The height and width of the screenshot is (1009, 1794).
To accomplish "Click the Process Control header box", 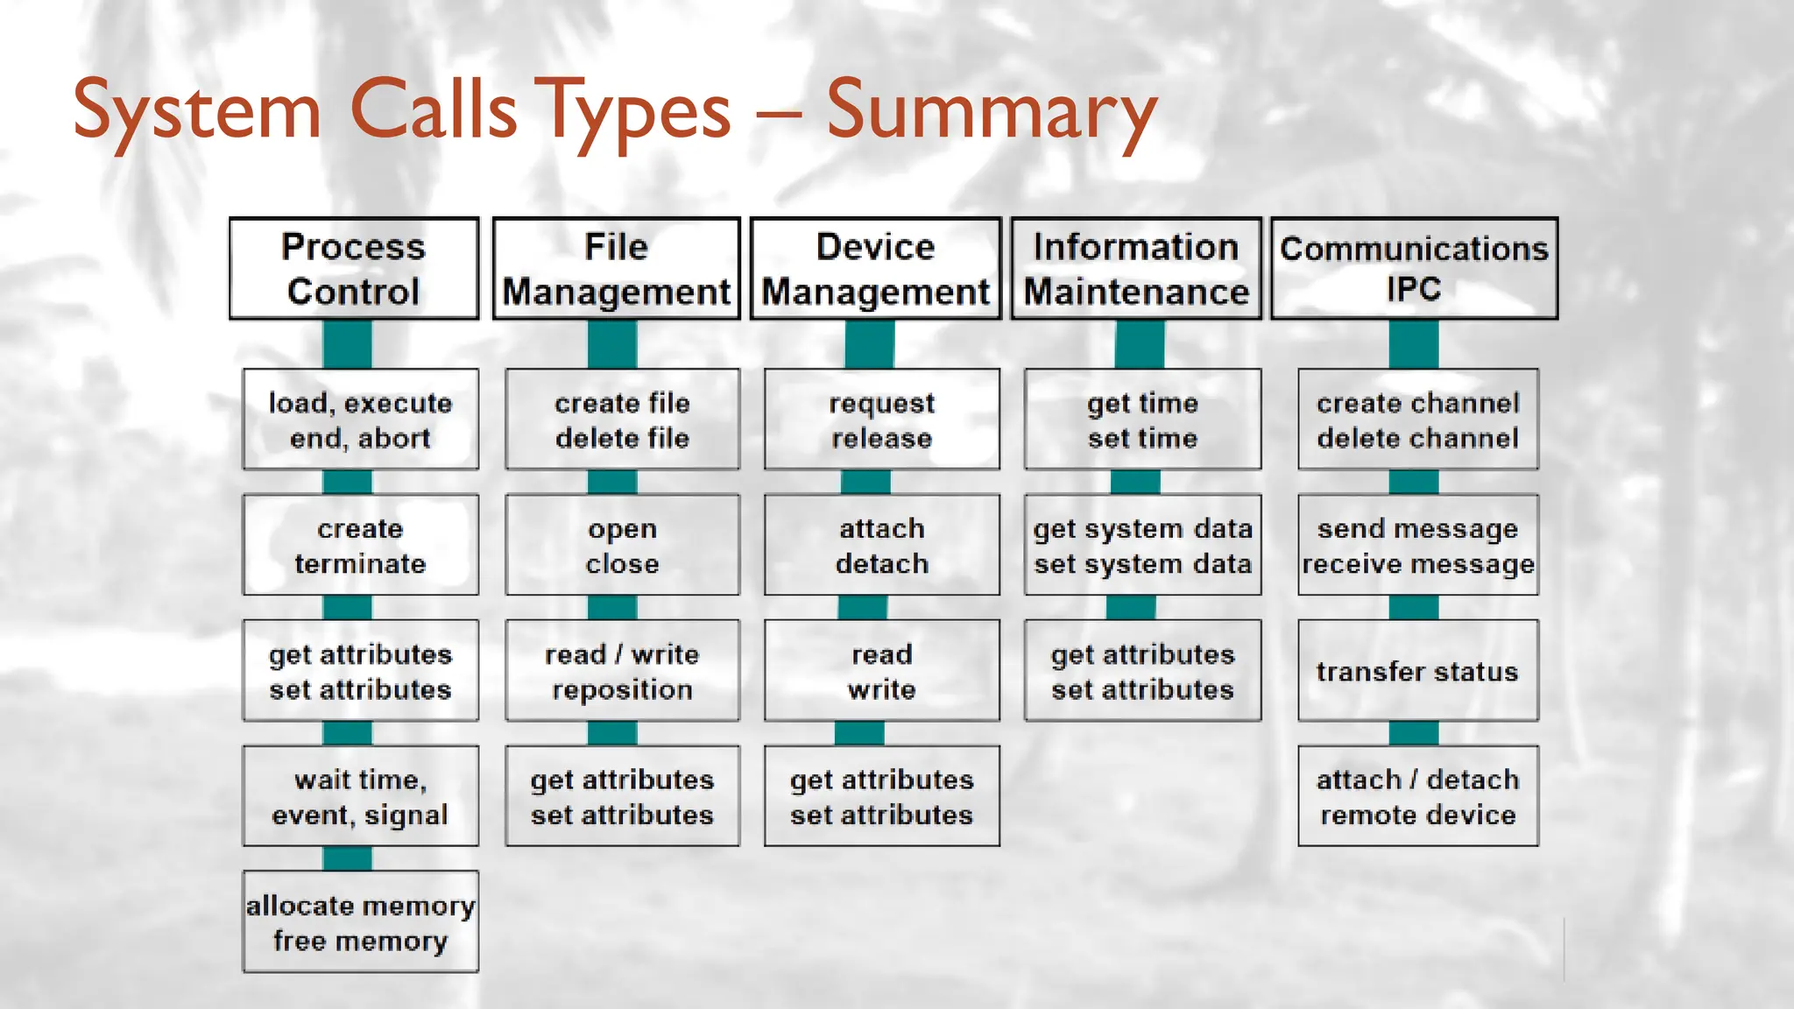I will [354, 268].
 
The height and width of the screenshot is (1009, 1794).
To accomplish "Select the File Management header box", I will [616, 268].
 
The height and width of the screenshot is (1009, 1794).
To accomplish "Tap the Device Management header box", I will [875, 268].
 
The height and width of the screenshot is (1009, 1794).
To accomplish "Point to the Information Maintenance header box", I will [1136, 268].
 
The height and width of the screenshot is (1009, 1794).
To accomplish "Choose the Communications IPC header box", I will [1414, 268].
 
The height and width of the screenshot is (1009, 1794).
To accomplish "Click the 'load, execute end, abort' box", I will [360, 420].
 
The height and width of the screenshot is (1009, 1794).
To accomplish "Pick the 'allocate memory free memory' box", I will [360, 921].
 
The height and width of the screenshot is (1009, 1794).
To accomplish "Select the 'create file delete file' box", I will [622, 420].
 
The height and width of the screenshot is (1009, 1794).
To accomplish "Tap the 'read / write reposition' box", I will [622, 671].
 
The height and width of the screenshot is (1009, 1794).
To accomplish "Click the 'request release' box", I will [881, 420].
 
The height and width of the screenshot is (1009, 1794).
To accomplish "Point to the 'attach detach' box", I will [881, 545].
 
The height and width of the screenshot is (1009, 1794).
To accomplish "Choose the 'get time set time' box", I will [1142, 420].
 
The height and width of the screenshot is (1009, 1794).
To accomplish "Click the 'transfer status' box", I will [1417, 671].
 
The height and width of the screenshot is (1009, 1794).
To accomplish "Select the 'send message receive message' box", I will [1417, 545].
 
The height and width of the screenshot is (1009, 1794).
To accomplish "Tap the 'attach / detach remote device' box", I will [1417, 796].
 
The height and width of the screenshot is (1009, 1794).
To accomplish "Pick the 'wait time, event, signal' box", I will [360, 796].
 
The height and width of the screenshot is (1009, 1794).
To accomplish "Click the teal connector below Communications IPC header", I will [1413, 343].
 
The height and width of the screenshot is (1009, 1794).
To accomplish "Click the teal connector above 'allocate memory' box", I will [347, 858].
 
